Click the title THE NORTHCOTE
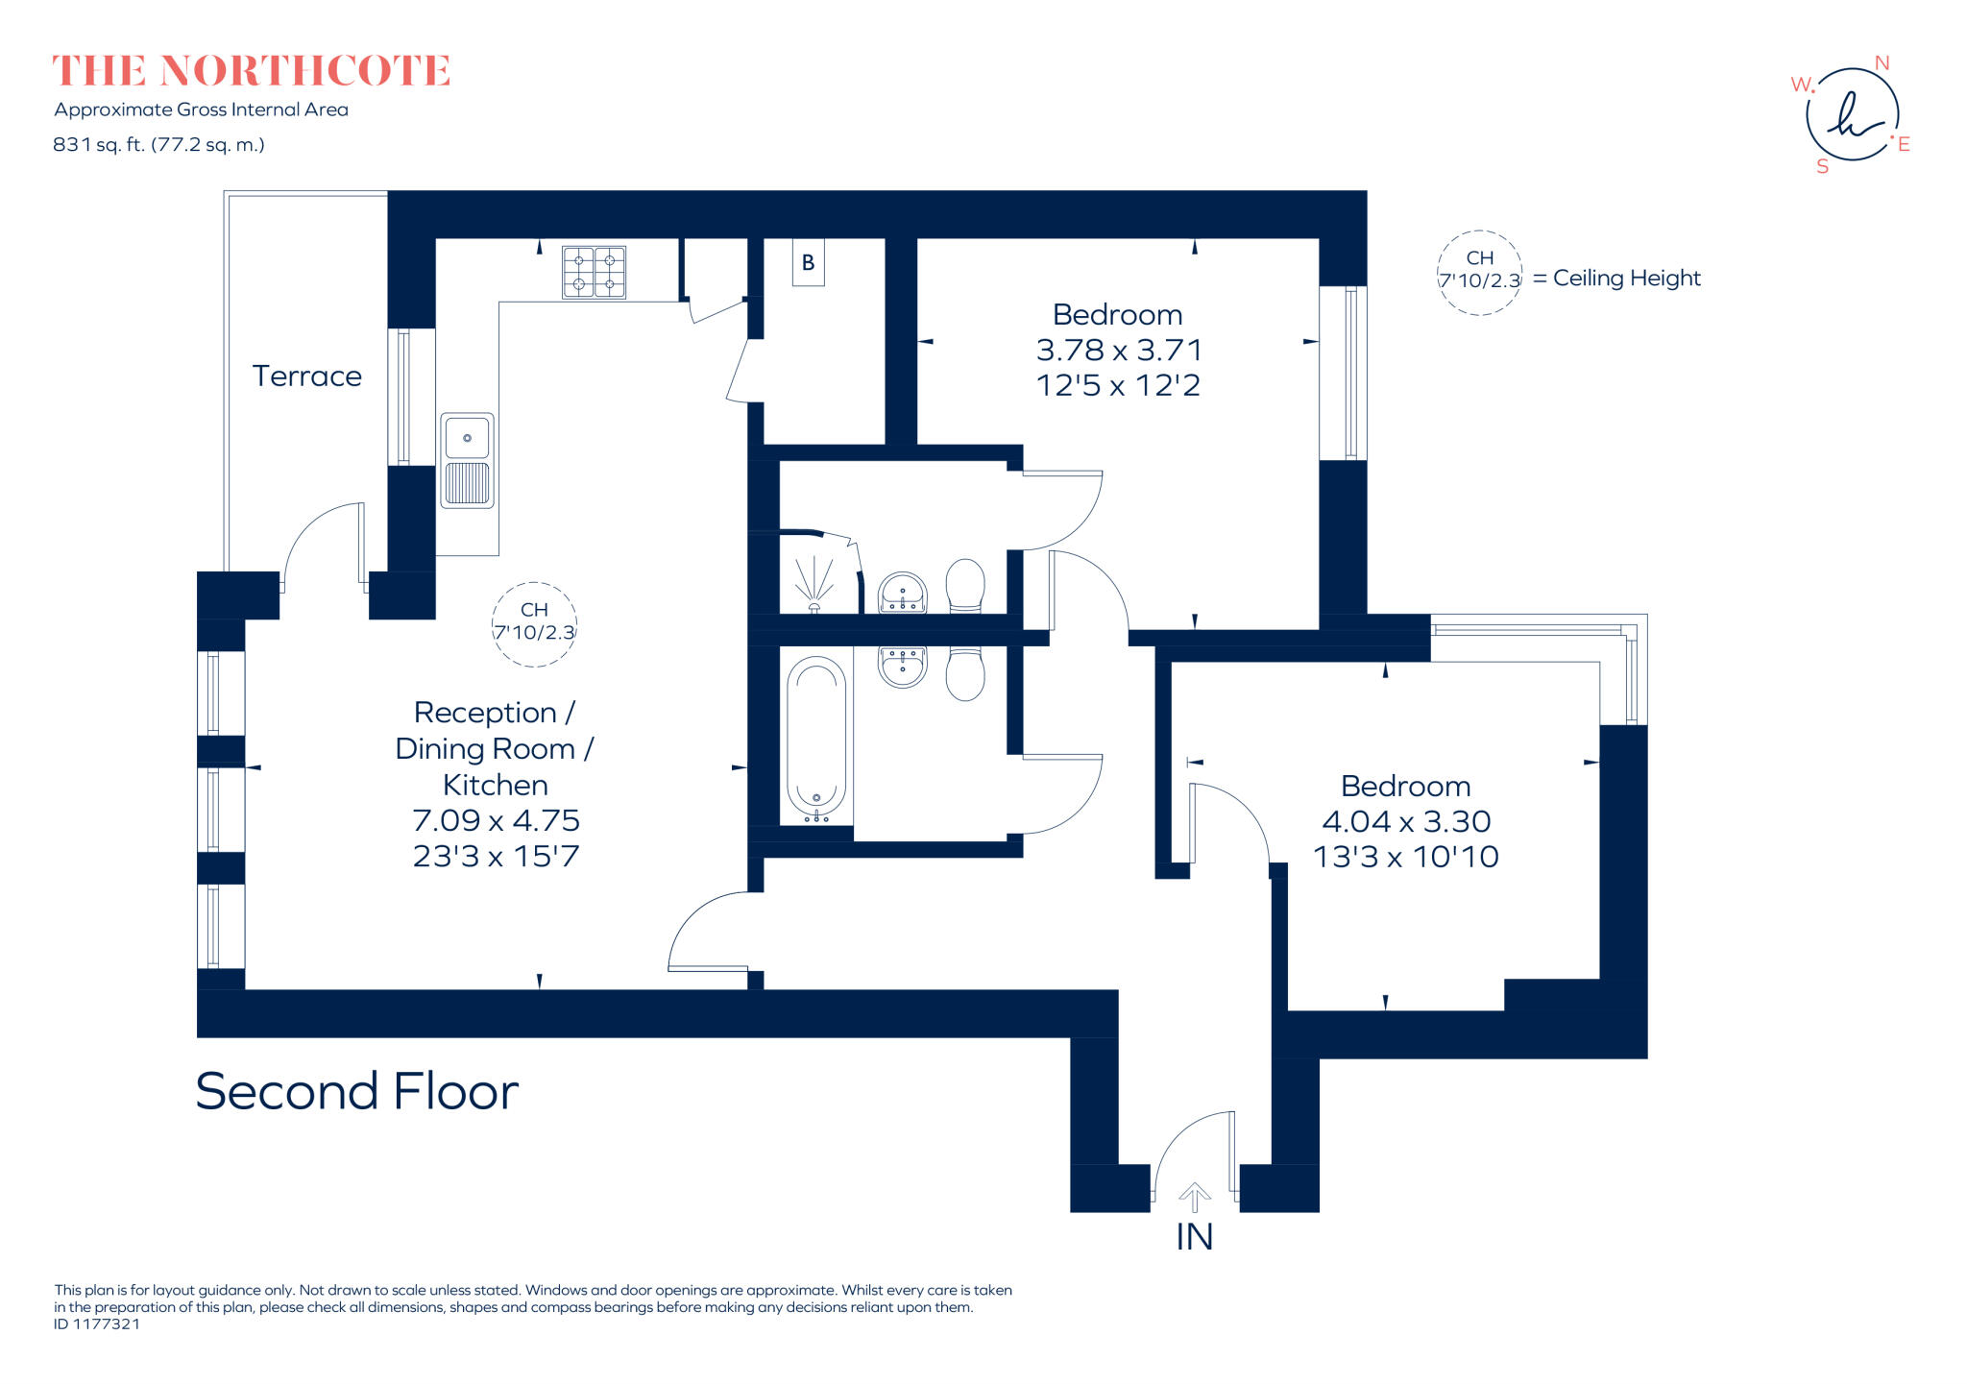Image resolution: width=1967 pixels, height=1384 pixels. pyautogui.click(x=251, y=71)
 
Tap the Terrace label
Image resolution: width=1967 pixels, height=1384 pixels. pyautogui.click(x=306, y=376)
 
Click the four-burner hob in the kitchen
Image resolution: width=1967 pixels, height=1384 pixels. pyautogui.click(x=594, y=272)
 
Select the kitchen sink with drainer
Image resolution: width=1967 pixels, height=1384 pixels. pyautogui.click(x=467, y=460)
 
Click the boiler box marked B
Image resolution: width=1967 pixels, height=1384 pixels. pyautogui.click(x=808, y=262)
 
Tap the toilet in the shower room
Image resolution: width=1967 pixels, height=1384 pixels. pyautogui.click(x=965, y=586)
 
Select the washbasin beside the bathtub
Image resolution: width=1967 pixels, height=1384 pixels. pyautogui.click(x=903, y=666)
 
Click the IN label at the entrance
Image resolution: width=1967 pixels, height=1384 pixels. pyautogui.click(x=1194, y=1237)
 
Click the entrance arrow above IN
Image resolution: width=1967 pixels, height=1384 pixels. pyautogui.click(x=1194, y=1197)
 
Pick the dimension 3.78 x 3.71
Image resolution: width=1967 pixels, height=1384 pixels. pyautogui.click(x=1118, y=350)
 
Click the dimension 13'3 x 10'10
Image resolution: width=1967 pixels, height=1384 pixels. pyautogui.click(x=1405, y=856)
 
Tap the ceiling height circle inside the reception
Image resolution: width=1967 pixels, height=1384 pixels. pyautogui.click(x=534, y=623)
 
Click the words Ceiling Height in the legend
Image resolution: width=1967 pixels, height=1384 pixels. pyautogui.click(x=1626, y=278)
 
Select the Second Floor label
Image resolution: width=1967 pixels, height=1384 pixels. pyautogui.click(x=356, y=1091)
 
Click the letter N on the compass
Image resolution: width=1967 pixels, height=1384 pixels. pyautogui.click(x=1882, y=63)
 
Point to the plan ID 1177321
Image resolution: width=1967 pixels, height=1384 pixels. pyautogui.click(x=97, y=1323)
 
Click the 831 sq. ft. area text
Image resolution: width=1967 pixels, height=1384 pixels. pyautogui.click(x=158, y=145)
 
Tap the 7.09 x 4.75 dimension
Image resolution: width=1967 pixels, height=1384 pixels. pyautogui.click(x=496, y=820)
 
